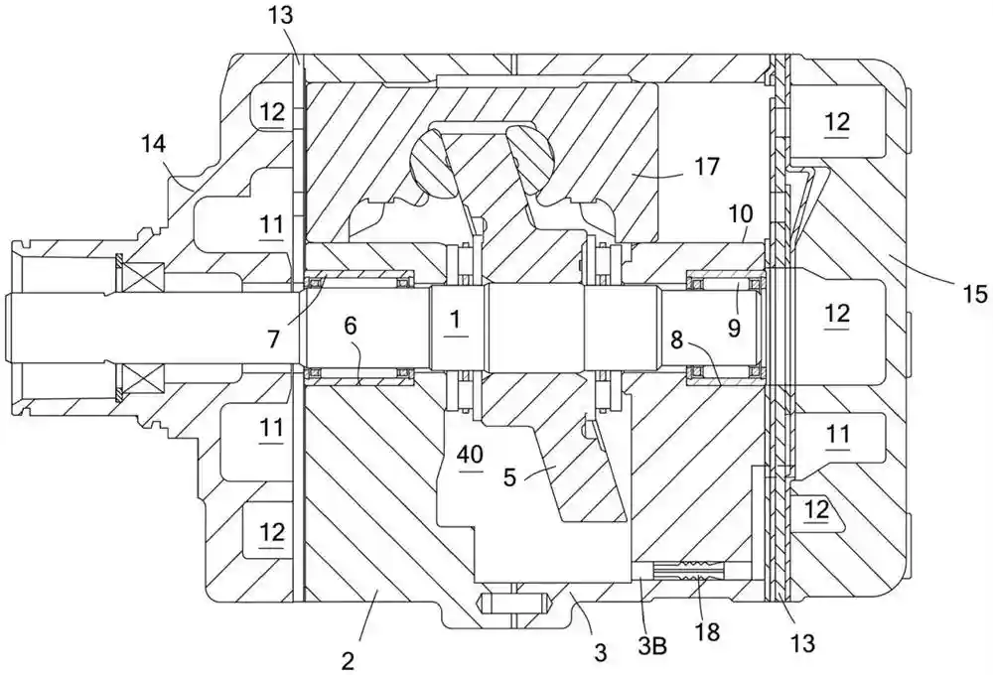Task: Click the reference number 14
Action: [154, 145]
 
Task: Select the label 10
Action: [742, 213]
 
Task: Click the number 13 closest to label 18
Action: [802, 643]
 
